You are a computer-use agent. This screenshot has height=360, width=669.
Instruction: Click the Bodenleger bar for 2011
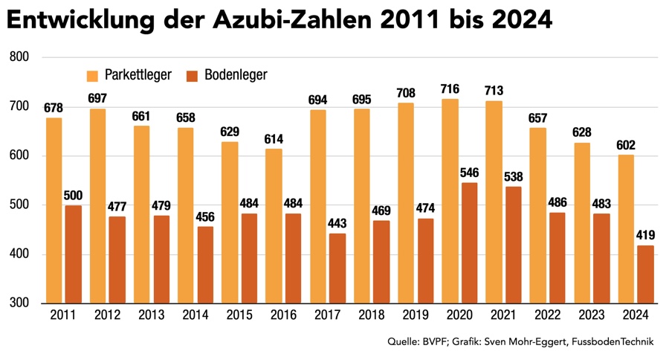tap(73, 254)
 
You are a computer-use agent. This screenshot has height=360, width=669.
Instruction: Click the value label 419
tap(645, 236)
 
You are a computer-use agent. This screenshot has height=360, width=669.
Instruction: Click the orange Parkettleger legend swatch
tap(93, 75)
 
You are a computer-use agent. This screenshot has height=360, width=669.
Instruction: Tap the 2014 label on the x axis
tap(195, 315)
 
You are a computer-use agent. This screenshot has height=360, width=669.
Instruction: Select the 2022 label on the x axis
tap(546, 315)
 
